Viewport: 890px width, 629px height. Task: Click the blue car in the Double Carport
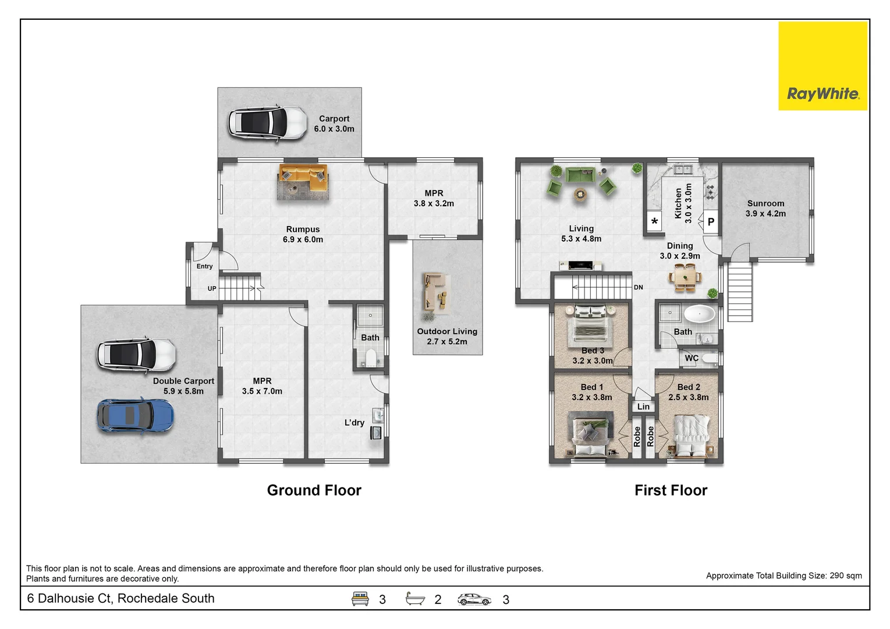[135, 415]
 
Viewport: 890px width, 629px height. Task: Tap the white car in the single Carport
[267, 123]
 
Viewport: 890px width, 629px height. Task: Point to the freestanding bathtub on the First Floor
[698, 314]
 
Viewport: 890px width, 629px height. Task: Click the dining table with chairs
[685, 277]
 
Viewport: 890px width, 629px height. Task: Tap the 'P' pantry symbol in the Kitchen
[711, 222]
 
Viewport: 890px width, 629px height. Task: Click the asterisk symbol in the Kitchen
[655, 222]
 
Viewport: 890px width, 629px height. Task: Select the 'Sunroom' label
[765, 203]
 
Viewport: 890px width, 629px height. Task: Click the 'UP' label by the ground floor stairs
[212, 289]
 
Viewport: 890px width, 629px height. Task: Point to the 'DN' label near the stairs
[639, 288]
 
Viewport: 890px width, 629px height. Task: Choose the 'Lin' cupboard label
[643, 407]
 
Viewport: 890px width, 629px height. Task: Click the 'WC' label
[691, 358]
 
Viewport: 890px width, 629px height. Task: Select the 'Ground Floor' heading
[314, 490]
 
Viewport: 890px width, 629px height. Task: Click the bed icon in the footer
[360, 599]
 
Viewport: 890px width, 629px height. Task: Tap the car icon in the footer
[474, 599]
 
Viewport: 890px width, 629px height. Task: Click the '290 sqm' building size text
[845, 575]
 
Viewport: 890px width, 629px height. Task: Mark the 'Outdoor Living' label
[447, 331]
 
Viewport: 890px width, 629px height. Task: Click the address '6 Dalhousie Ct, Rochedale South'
[121, 599]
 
